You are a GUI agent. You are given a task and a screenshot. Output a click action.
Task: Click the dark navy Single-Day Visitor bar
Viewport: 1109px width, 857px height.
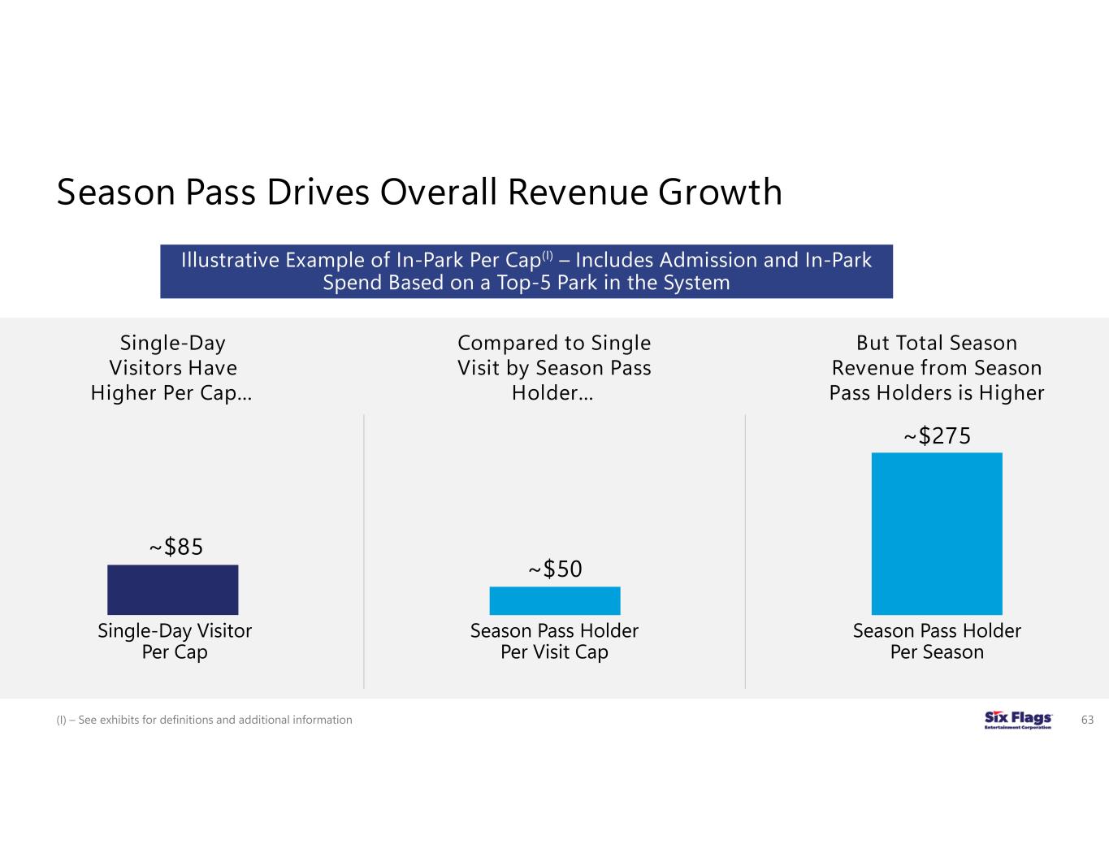pos(172,590)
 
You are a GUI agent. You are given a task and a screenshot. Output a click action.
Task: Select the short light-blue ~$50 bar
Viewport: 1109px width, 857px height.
pos(554,600)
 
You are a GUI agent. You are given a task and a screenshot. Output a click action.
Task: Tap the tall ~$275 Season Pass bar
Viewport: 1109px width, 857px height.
pos(936,533)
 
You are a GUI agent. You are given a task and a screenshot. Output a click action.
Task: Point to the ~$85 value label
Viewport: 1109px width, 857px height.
pos(175,548)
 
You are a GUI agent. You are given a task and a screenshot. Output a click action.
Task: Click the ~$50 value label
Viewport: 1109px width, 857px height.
pos(556,569)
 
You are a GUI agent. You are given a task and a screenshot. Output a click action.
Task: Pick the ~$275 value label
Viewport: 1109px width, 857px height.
pos(937,436)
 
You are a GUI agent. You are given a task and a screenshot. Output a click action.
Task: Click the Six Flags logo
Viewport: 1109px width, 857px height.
pos(1017,720)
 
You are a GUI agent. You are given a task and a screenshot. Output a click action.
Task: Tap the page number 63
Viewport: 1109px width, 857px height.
pos(1087,720)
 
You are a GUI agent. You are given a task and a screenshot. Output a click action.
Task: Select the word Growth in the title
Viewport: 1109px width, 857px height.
pos(720,193)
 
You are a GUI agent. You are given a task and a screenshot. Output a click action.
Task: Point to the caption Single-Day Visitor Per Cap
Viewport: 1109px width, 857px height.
pos(175,641)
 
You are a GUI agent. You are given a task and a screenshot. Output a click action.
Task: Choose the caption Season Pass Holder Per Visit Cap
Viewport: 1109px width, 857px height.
pos(554,641)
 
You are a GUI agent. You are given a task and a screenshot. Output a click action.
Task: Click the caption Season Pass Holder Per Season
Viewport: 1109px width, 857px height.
pos(937,641)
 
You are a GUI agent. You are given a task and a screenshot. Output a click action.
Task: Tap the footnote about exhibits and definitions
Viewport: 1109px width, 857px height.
pos(204,720)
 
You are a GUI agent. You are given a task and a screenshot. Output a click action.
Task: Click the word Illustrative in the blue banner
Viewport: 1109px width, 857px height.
pos(227,260)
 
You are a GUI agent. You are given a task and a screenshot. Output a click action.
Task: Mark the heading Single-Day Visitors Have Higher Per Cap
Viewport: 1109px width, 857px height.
pos(171,368)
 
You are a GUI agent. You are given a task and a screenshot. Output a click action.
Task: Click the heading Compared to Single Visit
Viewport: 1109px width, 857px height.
pos(554,368)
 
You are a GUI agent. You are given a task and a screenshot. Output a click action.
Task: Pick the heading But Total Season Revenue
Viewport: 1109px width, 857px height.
pos(936,368)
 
